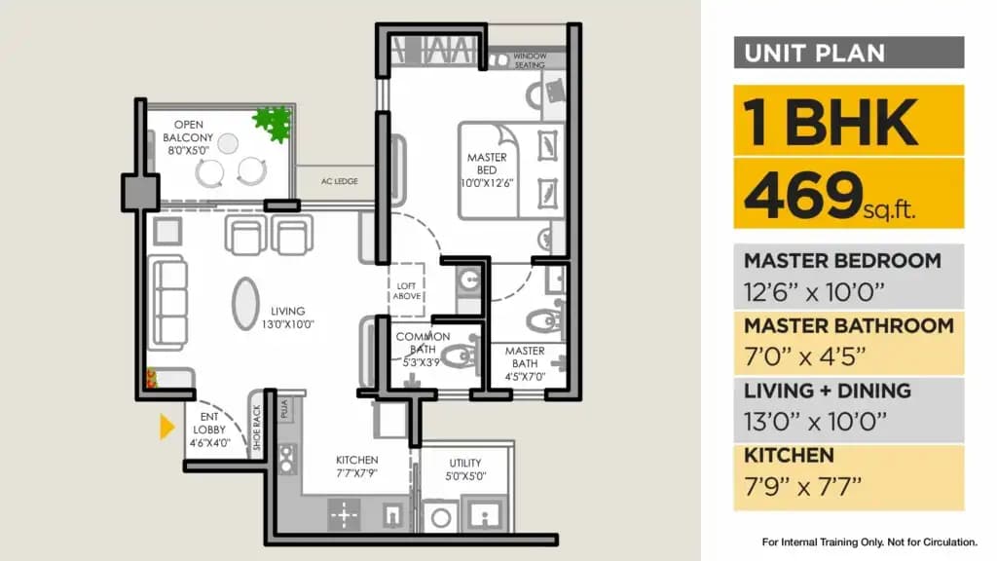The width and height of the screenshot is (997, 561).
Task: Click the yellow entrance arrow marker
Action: (166, 427)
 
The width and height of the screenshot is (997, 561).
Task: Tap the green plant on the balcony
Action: (272, 124)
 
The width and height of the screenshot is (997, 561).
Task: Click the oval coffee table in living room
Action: (245, 303)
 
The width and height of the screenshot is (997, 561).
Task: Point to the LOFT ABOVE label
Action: (407, 290)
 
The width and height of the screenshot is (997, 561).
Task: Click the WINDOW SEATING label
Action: (531, 60)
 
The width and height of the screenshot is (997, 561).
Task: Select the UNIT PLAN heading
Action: (814, 53)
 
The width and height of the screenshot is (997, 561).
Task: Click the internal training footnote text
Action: (868, 542)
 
